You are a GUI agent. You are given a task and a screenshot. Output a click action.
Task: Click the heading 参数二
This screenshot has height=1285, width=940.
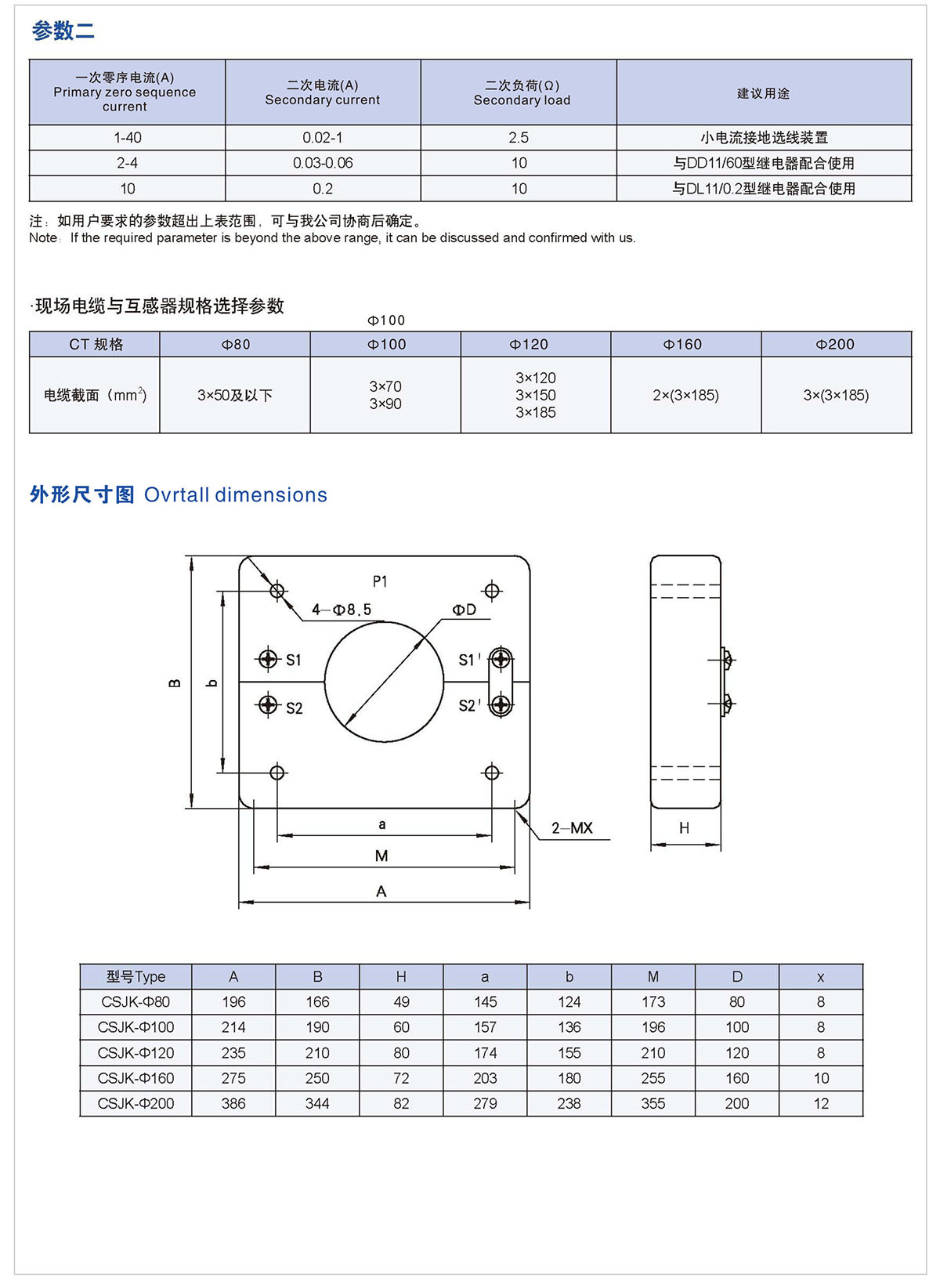point(63,31)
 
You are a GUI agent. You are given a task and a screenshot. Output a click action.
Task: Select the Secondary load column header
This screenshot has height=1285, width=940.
point(522,92)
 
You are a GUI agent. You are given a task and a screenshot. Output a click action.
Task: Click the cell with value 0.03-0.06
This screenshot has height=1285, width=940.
point(323,163)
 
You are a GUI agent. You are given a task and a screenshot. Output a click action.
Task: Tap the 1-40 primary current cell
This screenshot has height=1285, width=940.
point(128,138)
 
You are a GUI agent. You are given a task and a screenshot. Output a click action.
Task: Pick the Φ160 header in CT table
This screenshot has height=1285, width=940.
point(682,344)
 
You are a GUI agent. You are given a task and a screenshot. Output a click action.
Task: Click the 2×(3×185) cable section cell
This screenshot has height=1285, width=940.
point(685,395)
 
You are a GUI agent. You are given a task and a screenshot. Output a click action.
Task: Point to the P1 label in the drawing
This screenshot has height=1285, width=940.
point(380,581)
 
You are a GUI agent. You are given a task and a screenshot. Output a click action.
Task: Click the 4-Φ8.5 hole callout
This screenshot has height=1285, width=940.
point(342,610)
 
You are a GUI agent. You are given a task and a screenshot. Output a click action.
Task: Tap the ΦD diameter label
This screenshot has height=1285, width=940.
point(464,610)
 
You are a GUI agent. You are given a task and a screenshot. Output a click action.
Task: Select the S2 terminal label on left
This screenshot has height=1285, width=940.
point(294,708)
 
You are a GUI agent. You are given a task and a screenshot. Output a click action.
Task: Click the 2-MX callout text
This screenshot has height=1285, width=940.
point(572,828)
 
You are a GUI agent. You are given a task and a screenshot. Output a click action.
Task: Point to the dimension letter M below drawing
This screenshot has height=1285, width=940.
point(381,856)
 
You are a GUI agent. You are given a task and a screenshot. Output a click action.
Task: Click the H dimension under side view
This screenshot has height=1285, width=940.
point(684,828)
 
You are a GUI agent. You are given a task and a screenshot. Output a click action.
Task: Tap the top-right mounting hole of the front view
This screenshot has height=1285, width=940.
point(492,590)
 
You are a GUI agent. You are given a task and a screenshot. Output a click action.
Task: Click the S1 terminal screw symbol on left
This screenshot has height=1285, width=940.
point(268,659)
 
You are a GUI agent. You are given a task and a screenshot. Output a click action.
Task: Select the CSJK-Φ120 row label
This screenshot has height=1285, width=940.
point(136,1052)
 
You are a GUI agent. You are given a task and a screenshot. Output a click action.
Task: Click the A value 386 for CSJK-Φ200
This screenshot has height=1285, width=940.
point(233,1103)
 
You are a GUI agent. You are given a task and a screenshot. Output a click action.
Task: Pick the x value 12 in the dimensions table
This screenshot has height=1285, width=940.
point(821,1103)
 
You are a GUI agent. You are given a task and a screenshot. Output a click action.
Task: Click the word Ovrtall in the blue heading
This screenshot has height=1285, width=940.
point(177,494)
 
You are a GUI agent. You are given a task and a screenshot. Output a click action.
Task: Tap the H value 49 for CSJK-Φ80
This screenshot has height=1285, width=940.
point(401,1001)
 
